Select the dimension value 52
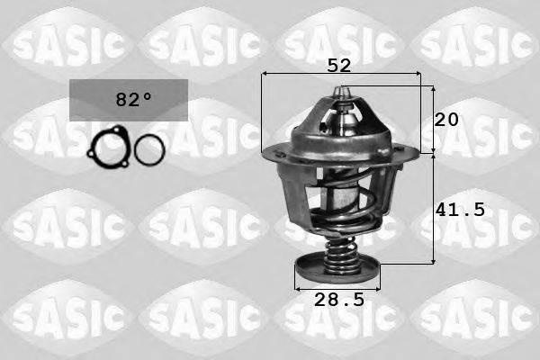(339, 65)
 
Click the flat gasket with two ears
(107, 148)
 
